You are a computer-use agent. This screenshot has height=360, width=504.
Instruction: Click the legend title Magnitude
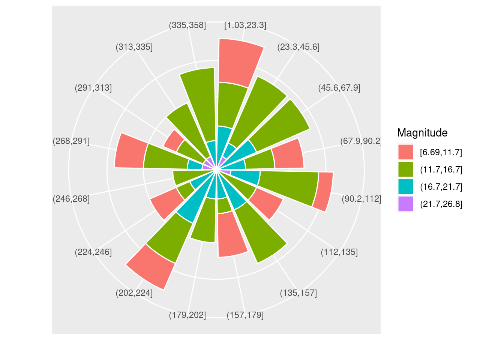[x=422, y=133]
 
